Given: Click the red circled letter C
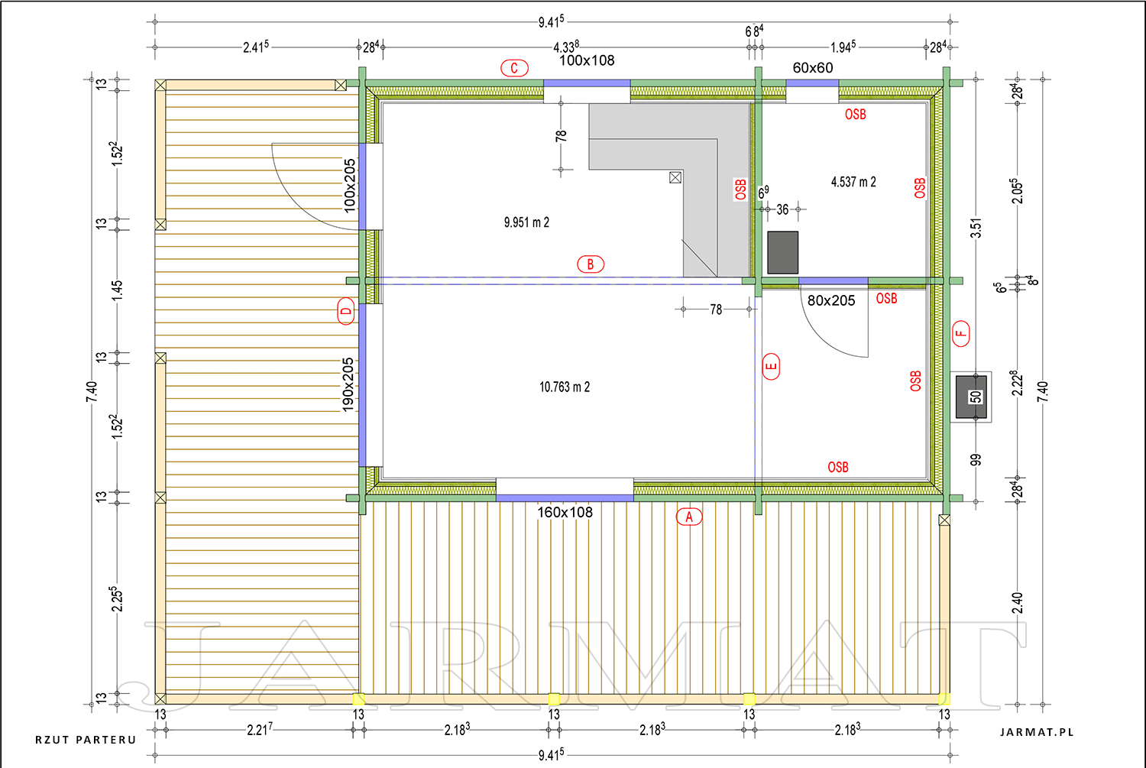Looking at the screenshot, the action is click(x=514, y=68).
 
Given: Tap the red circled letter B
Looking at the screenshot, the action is click(x=591, y=264).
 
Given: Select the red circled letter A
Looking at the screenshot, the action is click(x=689, y=517).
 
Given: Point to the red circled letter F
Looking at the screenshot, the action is click(x=961, y=334).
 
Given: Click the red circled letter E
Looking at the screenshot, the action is click(x=771, y=366).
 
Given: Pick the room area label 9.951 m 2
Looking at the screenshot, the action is click(x=526, y=222).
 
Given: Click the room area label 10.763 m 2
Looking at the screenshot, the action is click(x=565, y=387).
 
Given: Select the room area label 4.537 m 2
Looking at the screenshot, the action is click(x=853, y=182).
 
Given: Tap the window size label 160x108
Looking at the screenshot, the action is click(x=565, y=512).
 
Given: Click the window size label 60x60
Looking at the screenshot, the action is click(x=812, y=67).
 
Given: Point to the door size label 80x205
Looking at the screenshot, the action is click(x=831, y=300).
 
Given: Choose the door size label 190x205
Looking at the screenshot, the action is click(x=348, y=384).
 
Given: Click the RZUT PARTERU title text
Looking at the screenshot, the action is click(x=86, y=740).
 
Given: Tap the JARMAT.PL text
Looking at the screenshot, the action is click(x=1037, y=732).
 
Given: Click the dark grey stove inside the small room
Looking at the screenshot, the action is click(x=783, y=253).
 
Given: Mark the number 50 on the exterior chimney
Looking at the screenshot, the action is click(x=976, y=397).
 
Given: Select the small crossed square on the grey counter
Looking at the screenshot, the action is click(x=675, y=177).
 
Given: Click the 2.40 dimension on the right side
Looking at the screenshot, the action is click(x=1018, y=603).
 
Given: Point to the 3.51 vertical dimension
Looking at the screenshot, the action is click(x=976, y=228).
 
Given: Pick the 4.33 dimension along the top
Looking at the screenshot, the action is click(x=566, y=47).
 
